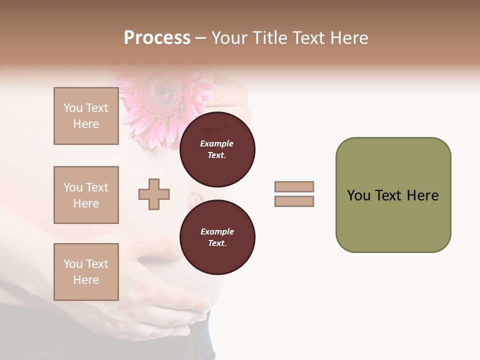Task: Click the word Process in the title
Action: pyautogui.click(x=157, y=38)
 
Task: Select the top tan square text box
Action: pyautogui.click(x=86, y=116)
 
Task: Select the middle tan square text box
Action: pyautogui.click(x=86, y=195)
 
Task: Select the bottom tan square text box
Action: pyautogui.click(x=86, y=272)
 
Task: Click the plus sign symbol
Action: pyautogui.click(x=154, y=194)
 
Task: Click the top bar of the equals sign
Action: pyautogui.click(x=294, y=186)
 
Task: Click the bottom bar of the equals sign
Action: pyautogui.click(x=294, y=201)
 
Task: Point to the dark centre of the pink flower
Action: pyautogui.click(x=162, y=90)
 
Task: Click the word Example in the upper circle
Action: pyautogui.click(x=217, y=143)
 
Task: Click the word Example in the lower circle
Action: pyautogui.click(x=217, y=231)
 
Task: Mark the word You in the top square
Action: pyautogui.click(x=73, y=108)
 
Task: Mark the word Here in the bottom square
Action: pyautogui.click(x=86, y=280)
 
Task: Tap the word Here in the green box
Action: pyautogui.click(x=422, y=195)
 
